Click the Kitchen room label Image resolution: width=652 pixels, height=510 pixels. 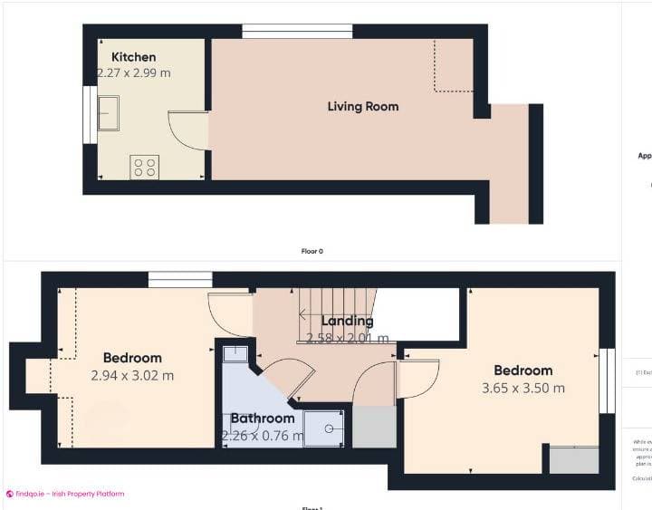click(133, 57)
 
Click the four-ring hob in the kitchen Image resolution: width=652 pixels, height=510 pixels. click(145, 167)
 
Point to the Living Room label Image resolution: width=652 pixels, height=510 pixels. click(362, 107)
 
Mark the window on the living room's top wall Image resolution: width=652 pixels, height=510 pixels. click(297, 32)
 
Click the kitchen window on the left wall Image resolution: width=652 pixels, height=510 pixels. click(90, 114)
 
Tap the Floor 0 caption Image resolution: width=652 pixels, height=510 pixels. click(312, 251)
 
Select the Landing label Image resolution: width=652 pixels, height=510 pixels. click(347, 321)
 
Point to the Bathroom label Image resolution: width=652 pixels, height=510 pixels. click(262, 419)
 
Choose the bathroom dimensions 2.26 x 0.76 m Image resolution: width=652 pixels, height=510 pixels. click(263, 436)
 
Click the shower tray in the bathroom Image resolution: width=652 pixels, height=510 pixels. click(323, 428)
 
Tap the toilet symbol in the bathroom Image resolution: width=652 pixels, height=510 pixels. click(235, 352)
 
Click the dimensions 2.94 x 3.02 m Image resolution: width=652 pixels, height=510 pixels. click(132, 375)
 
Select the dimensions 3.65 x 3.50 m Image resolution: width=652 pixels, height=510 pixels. click(523, 388)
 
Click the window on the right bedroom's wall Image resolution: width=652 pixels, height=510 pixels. click(607, 380)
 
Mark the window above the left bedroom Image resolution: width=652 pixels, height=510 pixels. click(179, 280)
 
